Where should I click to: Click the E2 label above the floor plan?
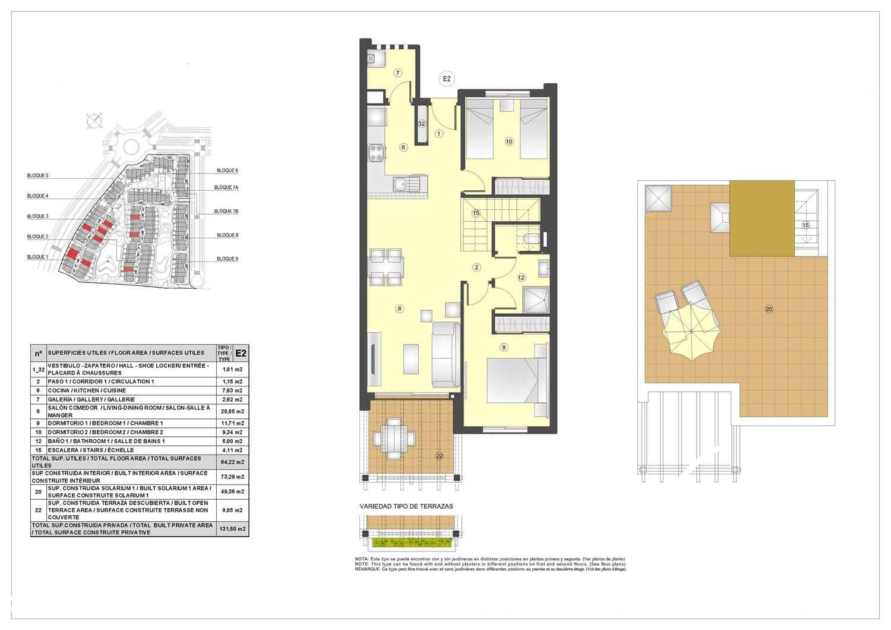pyautogui.click(x=446, y=78)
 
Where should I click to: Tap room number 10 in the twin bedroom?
pyautogui.click(x=508, y=141)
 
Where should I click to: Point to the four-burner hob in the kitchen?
pyautogui.click(x=375, y=153)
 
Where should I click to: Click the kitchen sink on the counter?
pyautogui.click(x=406, y=183)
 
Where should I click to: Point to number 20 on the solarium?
pyautogui.click(x=769, y=309)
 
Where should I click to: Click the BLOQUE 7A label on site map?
pyautogui.click(x=226, y=187)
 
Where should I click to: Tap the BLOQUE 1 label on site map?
pyautogui.click(x=37, y=257)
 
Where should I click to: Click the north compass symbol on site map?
pyautogui.click(x=93, y=121)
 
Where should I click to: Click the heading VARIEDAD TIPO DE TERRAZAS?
pyautogui.click(x=406, y=506)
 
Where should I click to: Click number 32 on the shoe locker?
pyautogui.click(x=422, y=124)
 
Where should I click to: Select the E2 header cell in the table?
pyautogui.click(x=241, y=353)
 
